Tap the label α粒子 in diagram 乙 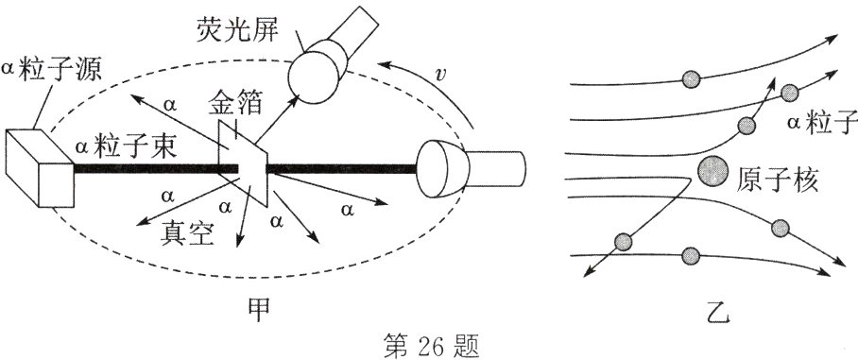[820, 123]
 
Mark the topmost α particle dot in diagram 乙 [691, 77]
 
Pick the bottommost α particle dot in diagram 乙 [691, 254]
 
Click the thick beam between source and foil [151, 169]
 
